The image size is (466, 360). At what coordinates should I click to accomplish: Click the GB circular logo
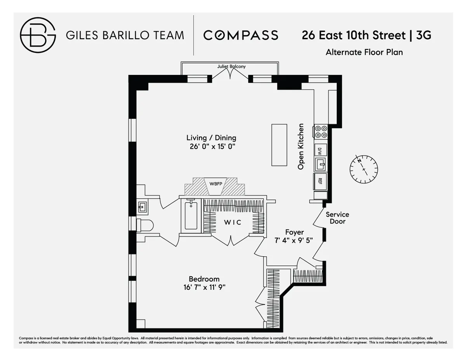(38, 35)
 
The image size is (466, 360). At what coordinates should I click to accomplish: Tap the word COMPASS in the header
(241, 35)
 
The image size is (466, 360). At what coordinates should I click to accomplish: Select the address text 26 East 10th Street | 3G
(367, 35)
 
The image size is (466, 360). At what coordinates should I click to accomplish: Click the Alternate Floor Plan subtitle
(364, 52)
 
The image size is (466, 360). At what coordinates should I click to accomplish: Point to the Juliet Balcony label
(231, 66)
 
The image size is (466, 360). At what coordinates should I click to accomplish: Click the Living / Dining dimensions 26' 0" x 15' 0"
(211, 146)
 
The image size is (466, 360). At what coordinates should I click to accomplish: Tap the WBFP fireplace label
(216, 183)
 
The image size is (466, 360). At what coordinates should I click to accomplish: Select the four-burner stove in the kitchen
(321, 132)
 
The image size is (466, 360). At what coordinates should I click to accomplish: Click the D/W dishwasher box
(320, 150)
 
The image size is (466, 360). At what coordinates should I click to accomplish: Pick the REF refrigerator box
(320, 181)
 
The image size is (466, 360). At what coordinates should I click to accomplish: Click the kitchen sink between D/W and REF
(320, 165)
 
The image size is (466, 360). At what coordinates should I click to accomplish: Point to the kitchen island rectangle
(279, 144)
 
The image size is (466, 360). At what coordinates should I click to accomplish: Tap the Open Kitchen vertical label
(301, 146)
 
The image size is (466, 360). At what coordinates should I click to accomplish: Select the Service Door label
(337, 218)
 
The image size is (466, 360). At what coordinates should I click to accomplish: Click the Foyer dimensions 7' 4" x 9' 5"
(294, 240)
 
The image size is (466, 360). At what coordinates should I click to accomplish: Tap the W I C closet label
(232, 222)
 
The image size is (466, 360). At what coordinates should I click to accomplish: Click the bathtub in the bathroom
(191, 216)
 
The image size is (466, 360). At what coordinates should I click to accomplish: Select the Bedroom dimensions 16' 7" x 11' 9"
(204, 287)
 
